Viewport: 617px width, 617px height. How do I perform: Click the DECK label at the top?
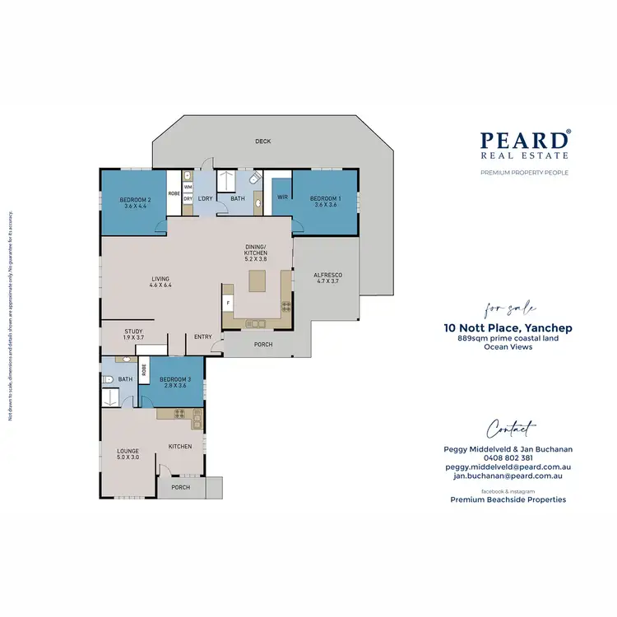pyautogui.click(x=262, y=141)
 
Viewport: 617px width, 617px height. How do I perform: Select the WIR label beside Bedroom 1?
pyautogui.click(x=282, y=197)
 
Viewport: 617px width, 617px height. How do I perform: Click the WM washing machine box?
pyautogui.click(x=188, y=188)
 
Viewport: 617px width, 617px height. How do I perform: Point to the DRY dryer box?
pyautogui.click(x=188, y=199)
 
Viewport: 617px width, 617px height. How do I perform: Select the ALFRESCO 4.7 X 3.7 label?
pyautogui.click(x=327, y=278)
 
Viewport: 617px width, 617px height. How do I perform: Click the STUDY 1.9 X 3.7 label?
pyautogui.click(x=134, y=334)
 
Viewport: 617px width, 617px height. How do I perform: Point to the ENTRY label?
pyautogui.click(x=202, y=336)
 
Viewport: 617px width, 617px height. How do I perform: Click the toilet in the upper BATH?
pyautogui.click(x=255, y=178)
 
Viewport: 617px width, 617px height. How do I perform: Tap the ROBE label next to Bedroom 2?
pyautogui.click(x=174, y=193)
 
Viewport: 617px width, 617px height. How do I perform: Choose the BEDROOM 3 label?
pyautogui.click(x=175, y=382)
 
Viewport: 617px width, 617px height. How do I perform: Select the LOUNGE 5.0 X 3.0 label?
pyautogui.click(x=127, y=454)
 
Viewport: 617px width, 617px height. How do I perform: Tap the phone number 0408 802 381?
pyautogui.click(x=508, y=458)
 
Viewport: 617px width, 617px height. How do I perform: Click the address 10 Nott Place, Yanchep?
pyautogui.click(x=508, y=328)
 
